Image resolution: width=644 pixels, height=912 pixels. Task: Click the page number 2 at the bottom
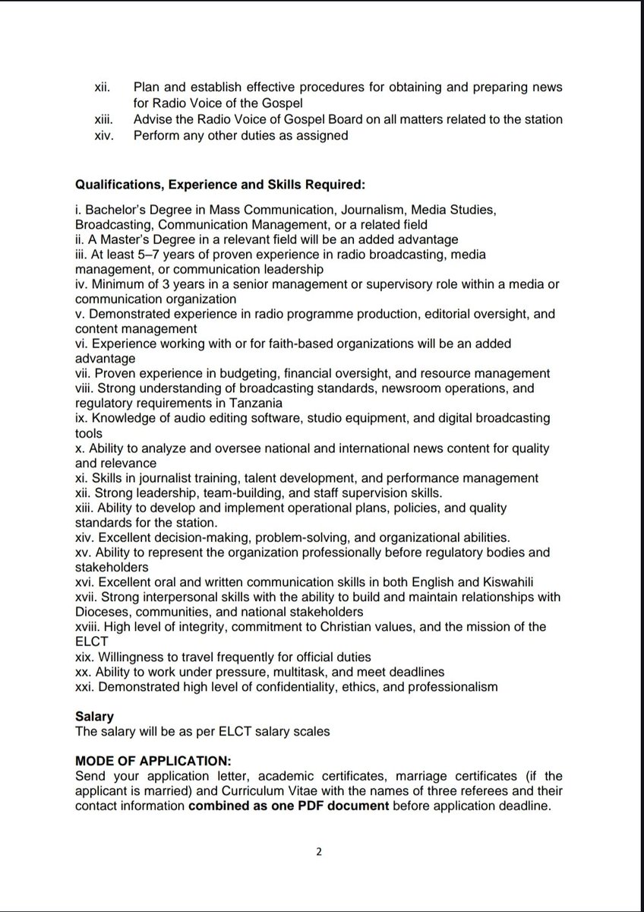pos(320,852)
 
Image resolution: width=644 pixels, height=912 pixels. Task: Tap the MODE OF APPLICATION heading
pos(153,761)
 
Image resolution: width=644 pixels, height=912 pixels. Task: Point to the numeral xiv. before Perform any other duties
pos(103,136)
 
